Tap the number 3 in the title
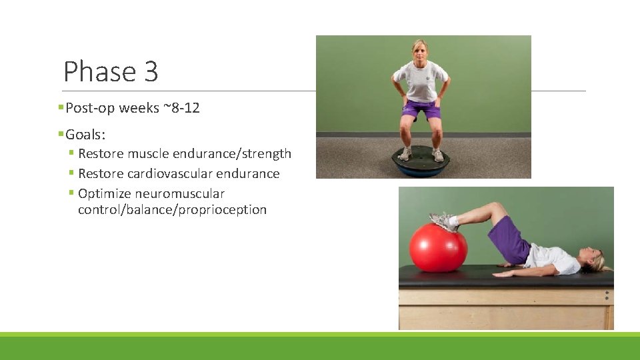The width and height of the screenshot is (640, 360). coord(151,71)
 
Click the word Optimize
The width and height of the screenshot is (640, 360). coord(104,193)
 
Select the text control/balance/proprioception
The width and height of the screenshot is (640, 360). coord(172,209)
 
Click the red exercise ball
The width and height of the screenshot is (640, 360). coord(437,247)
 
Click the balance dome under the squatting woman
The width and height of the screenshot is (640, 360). coord(421,162)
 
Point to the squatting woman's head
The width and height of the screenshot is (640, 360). coord(420,51)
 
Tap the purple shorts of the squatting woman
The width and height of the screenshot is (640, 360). coord(421,108)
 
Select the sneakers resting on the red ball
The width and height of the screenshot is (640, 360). coord(444,221)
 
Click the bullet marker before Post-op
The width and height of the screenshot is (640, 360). coord(61,108)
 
